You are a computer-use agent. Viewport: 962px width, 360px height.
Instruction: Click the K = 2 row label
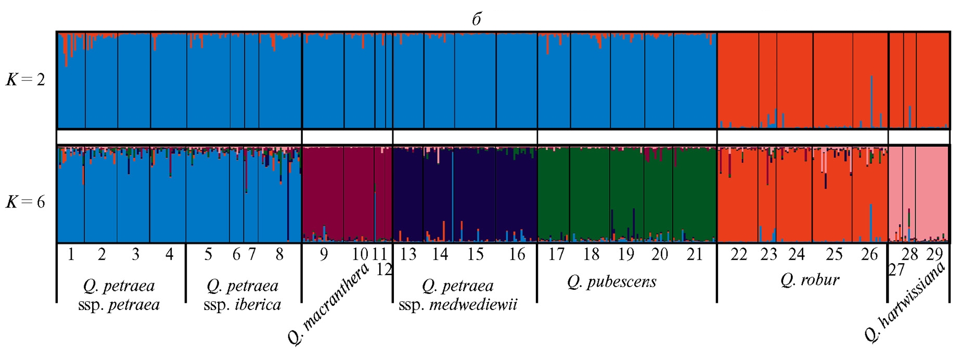click(25, 80)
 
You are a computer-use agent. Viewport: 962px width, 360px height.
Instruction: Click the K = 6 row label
click(25, 202)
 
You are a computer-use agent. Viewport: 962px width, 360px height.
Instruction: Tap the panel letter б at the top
click(477, 19)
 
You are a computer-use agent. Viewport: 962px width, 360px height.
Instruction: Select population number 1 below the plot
click(71, 254)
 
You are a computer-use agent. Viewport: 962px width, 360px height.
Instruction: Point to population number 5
click(208, 254)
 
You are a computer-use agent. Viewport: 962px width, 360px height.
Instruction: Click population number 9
click(324, 254)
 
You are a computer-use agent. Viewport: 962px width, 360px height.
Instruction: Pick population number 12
click(384, 269)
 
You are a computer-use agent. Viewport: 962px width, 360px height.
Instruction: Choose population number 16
click(517, 254)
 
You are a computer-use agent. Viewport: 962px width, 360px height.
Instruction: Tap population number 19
click(626, 254)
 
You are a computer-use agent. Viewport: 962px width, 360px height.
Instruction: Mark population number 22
click(739, 254)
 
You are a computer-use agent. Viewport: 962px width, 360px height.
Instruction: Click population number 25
click(835, 254)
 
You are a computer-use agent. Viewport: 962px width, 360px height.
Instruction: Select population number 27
click(896, 269)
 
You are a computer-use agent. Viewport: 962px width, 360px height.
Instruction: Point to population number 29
click(935, 254)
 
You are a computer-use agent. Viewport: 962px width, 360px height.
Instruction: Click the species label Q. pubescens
click(612, 282)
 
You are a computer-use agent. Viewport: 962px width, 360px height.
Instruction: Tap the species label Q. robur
click(810, 280)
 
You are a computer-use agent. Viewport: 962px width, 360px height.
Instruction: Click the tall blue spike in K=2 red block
click(872, 101)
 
